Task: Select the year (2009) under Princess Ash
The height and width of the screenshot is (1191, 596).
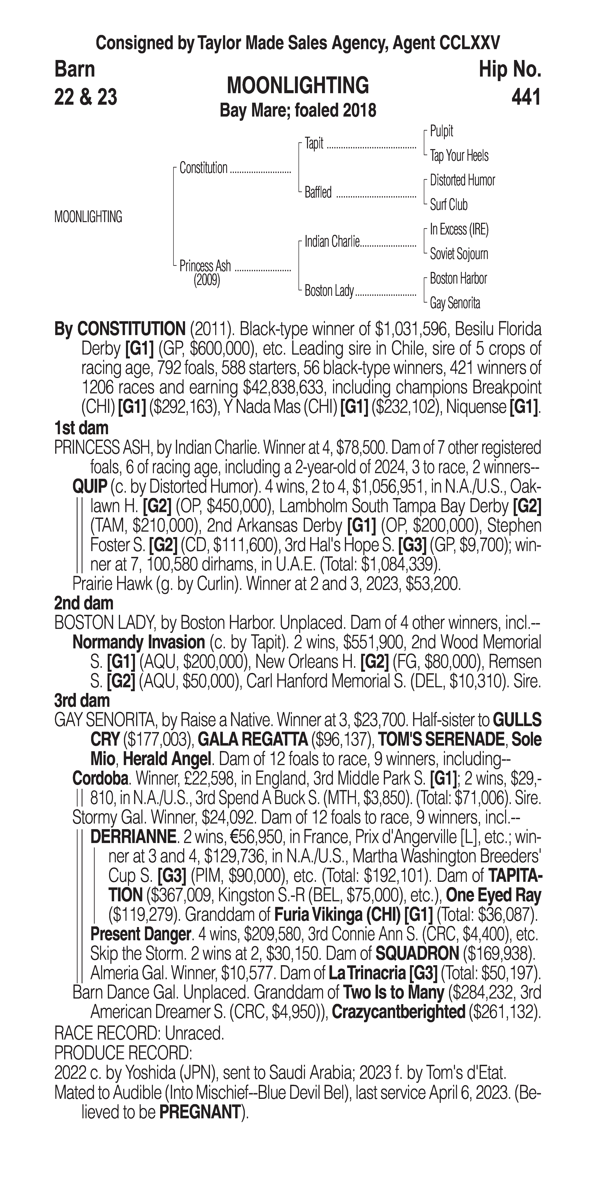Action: (x=207, y=280)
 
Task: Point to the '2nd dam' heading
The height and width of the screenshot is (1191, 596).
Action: (x=84, y=603)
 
